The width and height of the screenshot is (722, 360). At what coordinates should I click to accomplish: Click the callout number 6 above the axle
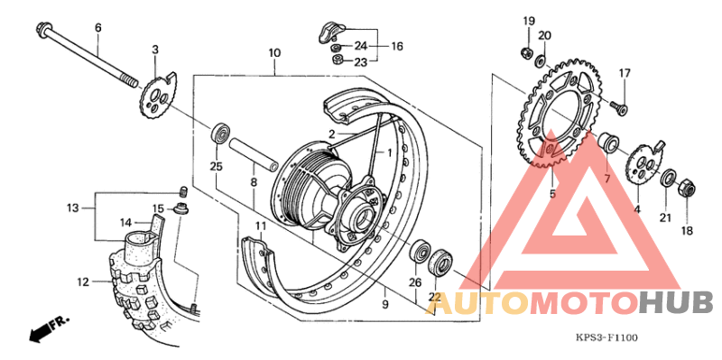pyautogui.click(x=97, y=28)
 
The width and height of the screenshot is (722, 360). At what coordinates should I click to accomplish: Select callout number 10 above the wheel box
pyautogui.click(x=274, y=52)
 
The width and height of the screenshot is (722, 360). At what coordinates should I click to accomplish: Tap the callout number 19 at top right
pyautogui.click(x=529, y=21)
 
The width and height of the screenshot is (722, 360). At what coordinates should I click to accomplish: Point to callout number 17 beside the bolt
pyautogui.click(x=624, y=73)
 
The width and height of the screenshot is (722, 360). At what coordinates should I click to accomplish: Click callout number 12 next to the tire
pyautogui.click(x=82, y=282)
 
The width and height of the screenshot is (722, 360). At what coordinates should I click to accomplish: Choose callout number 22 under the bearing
pyautogui.click(x=434, y=297)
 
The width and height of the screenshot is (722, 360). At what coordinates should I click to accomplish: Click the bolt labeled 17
pyautogui.click(x=618, y=107)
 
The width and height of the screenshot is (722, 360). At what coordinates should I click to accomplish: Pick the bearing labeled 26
pyautogui.click(x=421, y=252)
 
